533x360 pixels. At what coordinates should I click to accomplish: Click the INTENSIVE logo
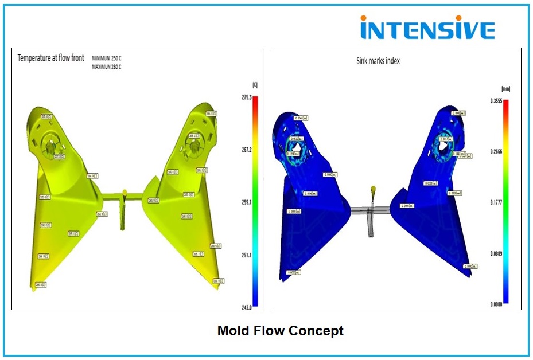click(427, 28)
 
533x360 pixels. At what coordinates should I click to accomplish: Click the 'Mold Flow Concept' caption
click(280, 331)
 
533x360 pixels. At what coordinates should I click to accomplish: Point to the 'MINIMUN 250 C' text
click(111, 58)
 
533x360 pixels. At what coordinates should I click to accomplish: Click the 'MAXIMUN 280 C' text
click(111, 67)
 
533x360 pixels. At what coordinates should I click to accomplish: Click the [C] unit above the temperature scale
click(255, 85)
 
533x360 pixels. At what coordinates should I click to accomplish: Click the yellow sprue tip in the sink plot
click(374, 189)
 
